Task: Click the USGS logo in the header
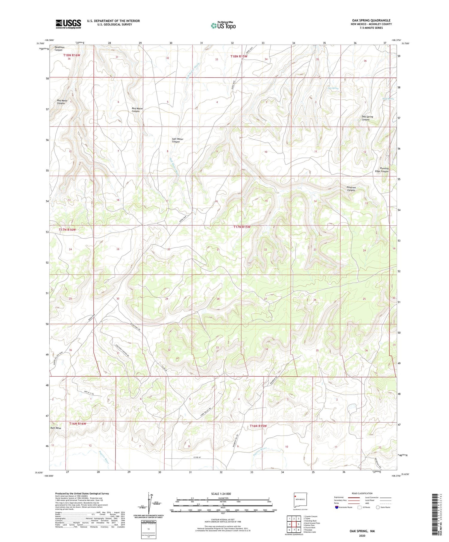[68, 24]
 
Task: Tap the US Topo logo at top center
[223, 26]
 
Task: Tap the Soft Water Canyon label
[178, 140]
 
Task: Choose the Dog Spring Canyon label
[367, 118]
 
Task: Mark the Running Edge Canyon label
[382, 170]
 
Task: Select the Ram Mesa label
[56, 428]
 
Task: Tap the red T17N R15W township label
[242, 227]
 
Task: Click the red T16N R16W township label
[78, 424]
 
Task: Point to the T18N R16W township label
[72, 55]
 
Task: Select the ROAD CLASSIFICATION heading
[362, 493]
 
